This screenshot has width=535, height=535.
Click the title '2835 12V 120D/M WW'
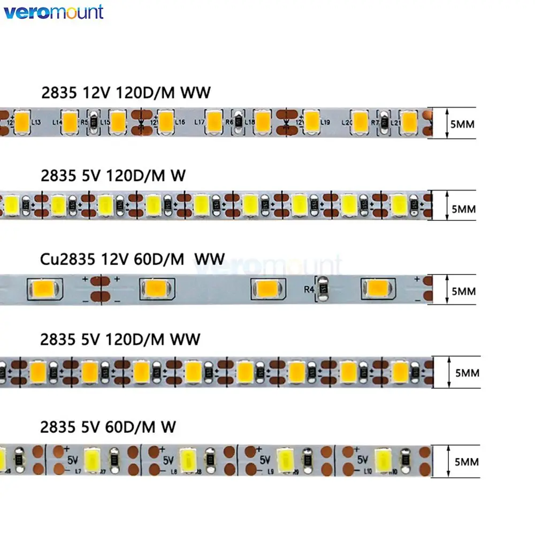pos(126,93)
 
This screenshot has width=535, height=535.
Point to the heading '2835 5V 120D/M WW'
pos(121,339)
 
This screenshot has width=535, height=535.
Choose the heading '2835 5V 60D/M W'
pos(108,426)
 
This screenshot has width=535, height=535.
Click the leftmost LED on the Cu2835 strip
pos(44,288)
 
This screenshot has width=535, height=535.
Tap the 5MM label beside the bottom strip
pos(466,461)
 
